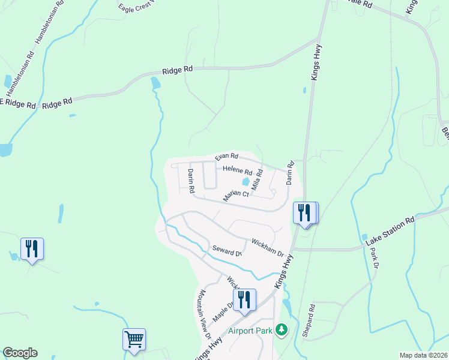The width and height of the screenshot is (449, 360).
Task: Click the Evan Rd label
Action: [227, 156]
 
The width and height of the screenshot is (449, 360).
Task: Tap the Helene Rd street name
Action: [237, 171]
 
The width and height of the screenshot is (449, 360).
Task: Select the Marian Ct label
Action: [236, 194]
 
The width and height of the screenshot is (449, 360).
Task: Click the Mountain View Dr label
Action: [204, 315]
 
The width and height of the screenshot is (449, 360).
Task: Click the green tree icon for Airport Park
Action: [281, 329]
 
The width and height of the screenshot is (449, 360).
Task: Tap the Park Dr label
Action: [375, 257]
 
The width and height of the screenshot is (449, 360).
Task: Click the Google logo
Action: [20, 353]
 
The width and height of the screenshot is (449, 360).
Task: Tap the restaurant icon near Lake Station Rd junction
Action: [305, 212]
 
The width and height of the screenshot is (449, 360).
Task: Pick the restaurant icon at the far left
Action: [32, 248]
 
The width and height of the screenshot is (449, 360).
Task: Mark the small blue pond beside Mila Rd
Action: [245, 182]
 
